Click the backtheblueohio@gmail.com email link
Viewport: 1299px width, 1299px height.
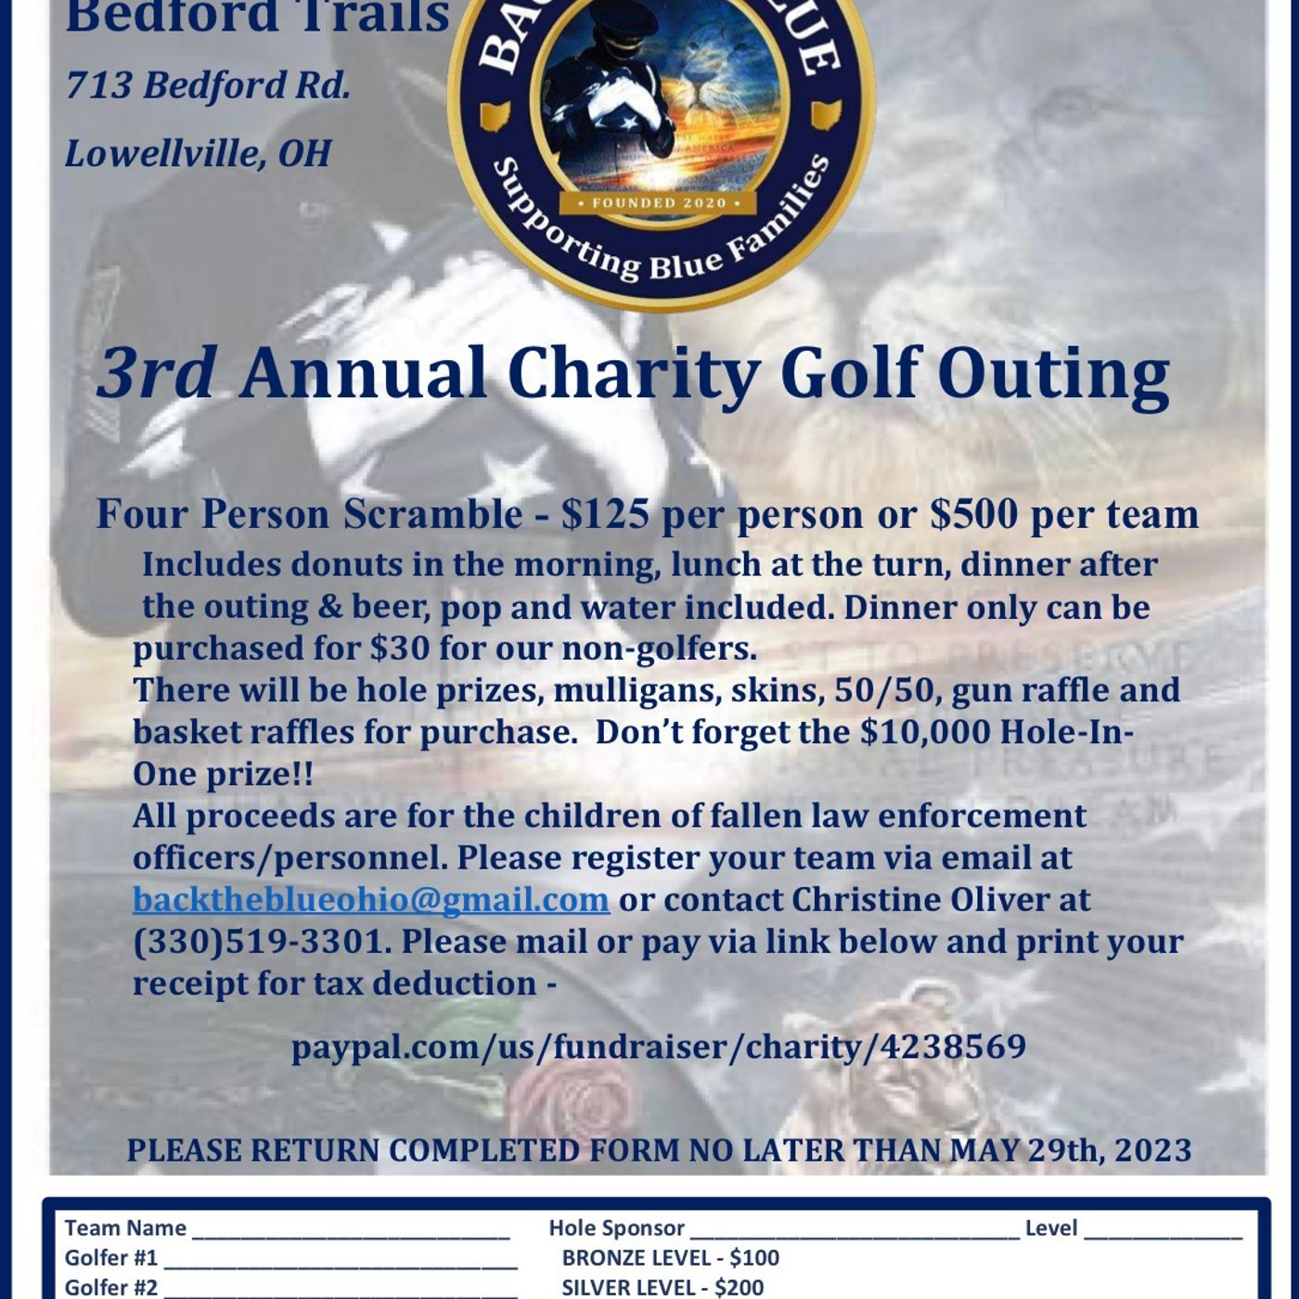click(370, 899)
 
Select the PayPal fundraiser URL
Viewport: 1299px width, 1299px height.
click(659, 1047)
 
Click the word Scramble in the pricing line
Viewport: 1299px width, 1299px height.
click(432, 515)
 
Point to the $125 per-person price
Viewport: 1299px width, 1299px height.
click(605, 515)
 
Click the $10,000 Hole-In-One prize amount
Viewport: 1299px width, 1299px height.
click(927, 732)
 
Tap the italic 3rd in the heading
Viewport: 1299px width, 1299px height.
click(156, 373)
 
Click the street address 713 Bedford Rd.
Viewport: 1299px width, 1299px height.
click(208, 85)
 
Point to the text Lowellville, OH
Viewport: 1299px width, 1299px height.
click(198, 153)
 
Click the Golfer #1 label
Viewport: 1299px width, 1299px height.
click(110, 1258)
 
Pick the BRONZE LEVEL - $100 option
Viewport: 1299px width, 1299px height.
click(670, 1258)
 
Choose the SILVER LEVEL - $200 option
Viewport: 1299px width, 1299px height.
click(662, 1287)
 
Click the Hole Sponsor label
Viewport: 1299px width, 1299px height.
click(616, 1228)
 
